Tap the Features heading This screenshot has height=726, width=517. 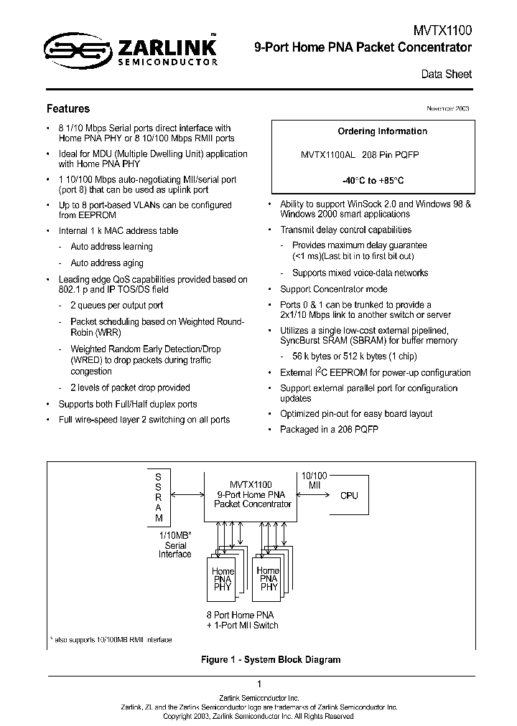tap(68, 109)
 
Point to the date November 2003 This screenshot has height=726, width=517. tap(447, 108)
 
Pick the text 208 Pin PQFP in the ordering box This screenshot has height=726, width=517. tap(391, 155)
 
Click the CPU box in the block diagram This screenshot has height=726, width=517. tap(349, 496)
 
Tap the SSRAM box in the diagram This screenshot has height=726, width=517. tap(159, 497)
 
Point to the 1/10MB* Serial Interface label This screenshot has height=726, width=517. tap(175, 545)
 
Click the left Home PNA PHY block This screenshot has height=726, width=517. tap(223, 578)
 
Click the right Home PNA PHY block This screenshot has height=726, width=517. tap(269, 578)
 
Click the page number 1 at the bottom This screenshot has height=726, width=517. tap(258, 684)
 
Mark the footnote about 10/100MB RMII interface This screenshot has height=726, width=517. tap(112, 639)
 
